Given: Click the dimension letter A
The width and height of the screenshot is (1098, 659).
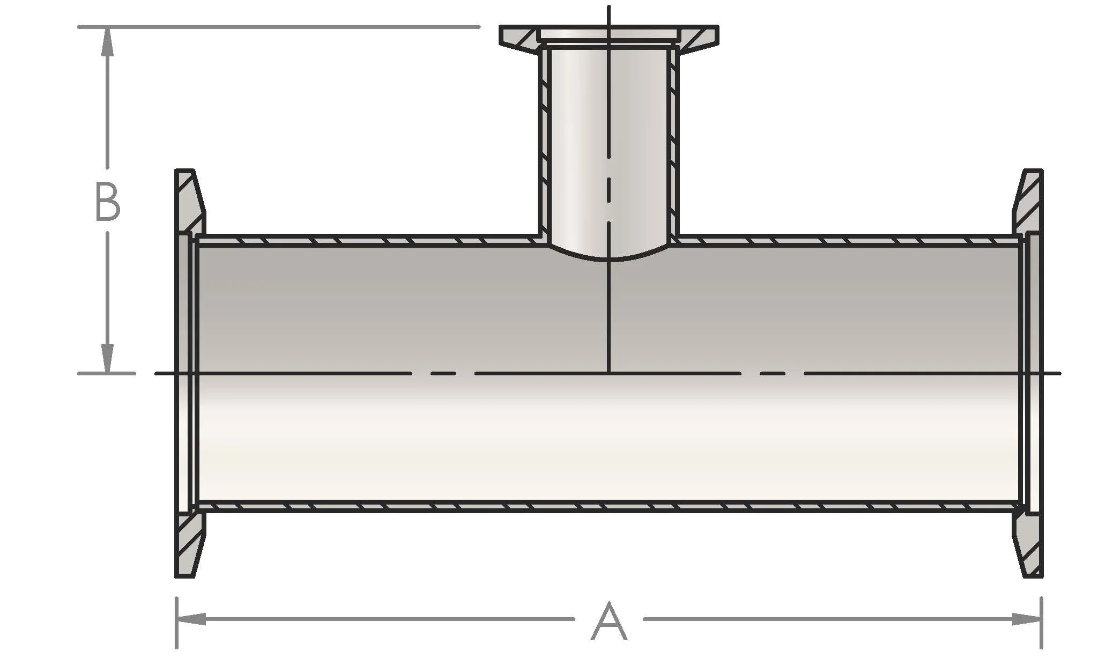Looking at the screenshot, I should point(609,621).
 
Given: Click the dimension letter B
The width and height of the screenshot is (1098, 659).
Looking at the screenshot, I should point(107,202).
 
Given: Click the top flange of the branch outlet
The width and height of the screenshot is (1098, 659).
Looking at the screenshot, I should point(609,34).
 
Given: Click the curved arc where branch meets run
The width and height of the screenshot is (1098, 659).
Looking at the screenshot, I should point(609,259).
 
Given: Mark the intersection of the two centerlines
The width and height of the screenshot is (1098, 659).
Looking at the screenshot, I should point(609,373).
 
